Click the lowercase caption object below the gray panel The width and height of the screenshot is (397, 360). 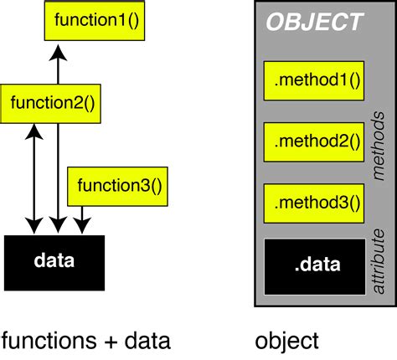286,341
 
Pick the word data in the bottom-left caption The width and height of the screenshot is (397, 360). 147,341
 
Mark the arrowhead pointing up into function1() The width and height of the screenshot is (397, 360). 57,53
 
